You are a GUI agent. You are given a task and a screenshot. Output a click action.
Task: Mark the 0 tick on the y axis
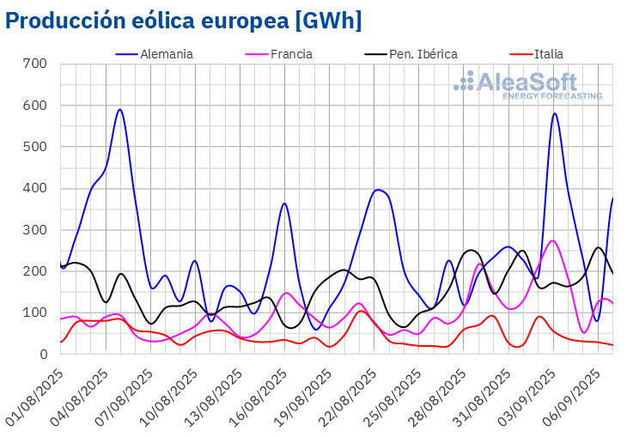pyautogui.click(x=42, y=354)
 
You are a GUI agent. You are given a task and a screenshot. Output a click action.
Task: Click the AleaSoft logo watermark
pyautogui.click(x=528, y=86)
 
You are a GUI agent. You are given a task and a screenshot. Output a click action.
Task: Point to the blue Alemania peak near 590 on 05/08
pyautogui.click(x=120, y=109)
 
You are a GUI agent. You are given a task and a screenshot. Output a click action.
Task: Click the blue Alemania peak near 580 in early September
pyautogui.click(x=555, y=113)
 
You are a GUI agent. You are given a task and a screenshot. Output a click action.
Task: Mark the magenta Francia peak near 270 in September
pyautogui.click(x=552, y=240)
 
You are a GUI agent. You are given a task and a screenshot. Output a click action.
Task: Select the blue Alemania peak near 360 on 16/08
pyautogui.click(x=284, y=203)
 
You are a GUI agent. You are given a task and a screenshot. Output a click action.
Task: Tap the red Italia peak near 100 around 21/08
pyautogui.click(x=361, y=311)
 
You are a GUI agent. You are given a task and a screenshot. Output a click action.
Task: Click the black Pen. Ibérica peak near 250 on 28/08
pyautogui.click(x=472, y=250)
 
